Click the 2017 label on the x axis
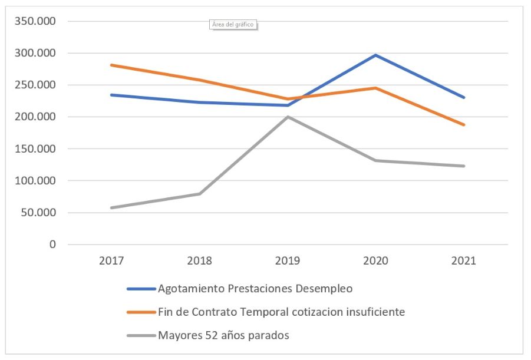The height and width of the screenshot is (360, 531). point(111,260)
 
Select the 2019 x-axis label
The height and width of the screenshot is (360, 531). point(288,260)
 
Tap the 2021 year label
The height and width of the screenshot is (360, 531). point(464,260)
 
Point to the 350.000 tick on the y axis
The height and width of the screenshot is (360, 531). point(38,22)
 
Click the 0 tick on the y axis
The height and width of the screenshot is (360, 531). point(52,245)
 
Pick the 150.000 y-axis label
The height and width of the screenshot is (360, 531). point(38,149)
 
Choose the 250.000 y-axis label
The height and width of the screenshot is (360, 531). point(38,85)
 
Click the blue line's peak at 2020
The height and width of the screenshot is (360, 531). point(375,55)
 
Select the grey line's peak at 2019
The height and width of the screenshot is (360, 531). point(288,117)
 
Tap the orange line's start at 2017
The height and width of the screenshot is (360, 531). point(111,65)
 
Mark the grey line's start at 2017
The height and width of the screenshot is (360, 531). point(111,207)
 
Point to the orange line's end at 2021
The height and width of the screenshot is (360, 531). point(464,125)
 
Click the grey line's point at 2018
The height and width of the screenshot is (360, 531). point(200,194)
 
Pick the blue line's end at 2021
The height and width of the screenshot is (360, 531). point(464,98)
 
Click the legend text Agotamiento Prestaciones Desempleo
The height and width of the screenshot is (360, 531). point(255,289)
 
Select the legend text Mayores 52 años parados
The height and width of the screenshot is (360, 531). point(223,336)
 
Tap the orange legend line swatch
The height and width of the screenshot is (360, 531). point(141,313)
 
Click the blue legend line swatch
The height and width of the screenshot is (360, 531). point(141,289)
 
